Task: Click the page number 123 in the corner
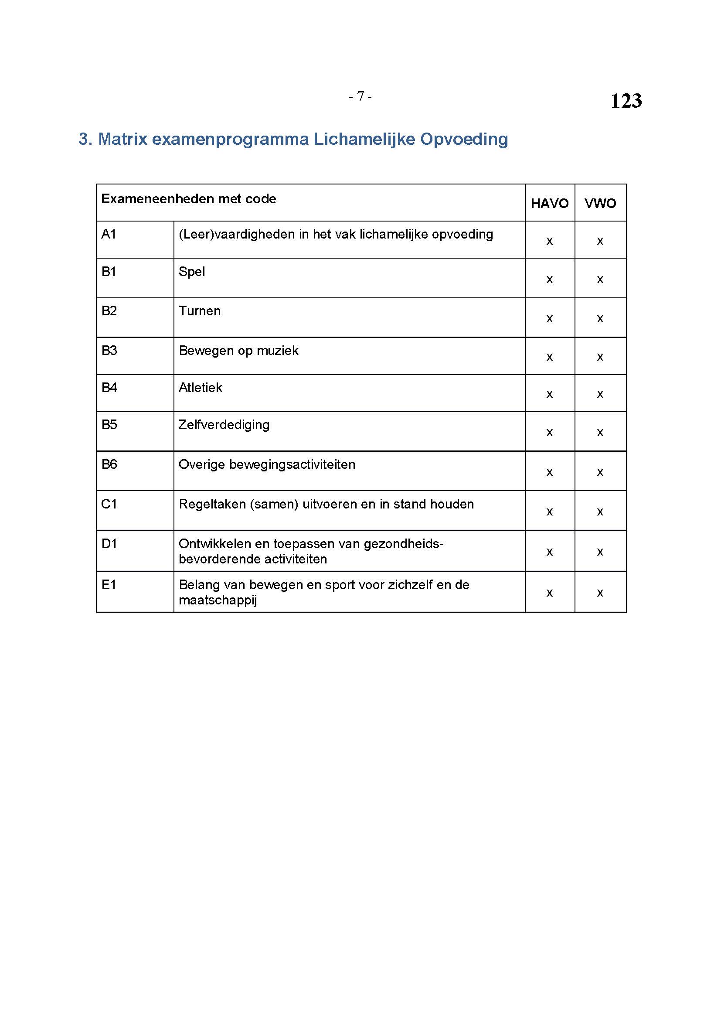coord(626,101)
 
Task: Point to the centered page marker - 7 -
coord(360,96)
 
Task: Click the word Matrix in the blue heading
coord(122,139)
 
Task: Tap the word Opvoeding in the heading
coord(464,139)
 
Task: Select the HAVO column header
coord(549,204)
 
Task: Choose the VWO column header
coord(600,204)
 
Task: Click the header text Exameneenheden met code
coord(189,198)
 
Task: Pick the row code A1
coord(109,234)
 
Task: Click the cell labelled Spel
coord(192,271)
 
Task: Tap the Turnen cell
coord(199,310)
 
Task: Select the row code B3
coord(109,351)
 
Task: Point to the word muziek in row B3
coord(279,351)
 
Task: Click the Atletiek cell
coord(200,387)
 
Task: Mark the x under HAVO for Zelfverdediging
coord(549,432)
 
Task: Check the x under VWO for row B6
coord(600,472)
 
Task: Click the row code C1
coord(109,504)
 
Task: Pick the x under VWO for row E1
coord(600,593)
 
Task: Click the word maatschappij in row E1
coord(218,600)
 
